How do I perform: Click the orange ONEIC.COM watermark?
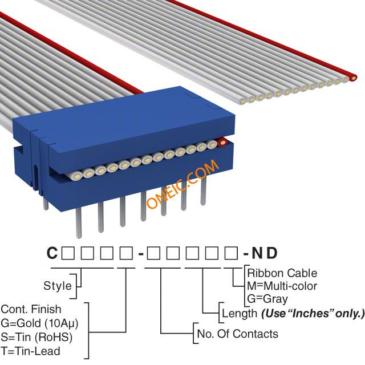(182, 184)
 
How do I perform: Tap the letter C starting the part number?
(52, 253)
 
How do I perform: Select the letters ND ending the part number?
(265, 253)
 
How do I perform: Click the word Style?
(58, 286)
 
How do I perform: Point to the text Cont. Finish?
(31, 309)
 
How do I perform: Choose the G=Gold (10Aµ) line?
(39, 323)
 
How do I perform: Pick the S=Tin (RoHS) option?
(36, 337)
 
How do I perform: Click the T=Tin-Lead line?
(30, 351)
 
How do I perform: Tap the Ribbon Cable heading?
(282, 273)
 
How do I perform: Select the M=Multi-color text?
(282, 286)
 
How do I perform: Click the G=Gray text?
(267, 299)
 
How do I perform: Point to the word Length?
(240, 313)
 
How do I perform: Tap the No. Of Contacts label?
(238, 334)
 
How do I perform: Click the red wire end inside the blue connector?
(222, 142)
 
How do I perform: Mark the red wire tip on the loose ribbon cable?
(353, 78)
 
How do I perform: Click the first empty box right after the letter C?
(68, 253)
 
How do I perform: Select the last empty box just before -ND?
(231, 253)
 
